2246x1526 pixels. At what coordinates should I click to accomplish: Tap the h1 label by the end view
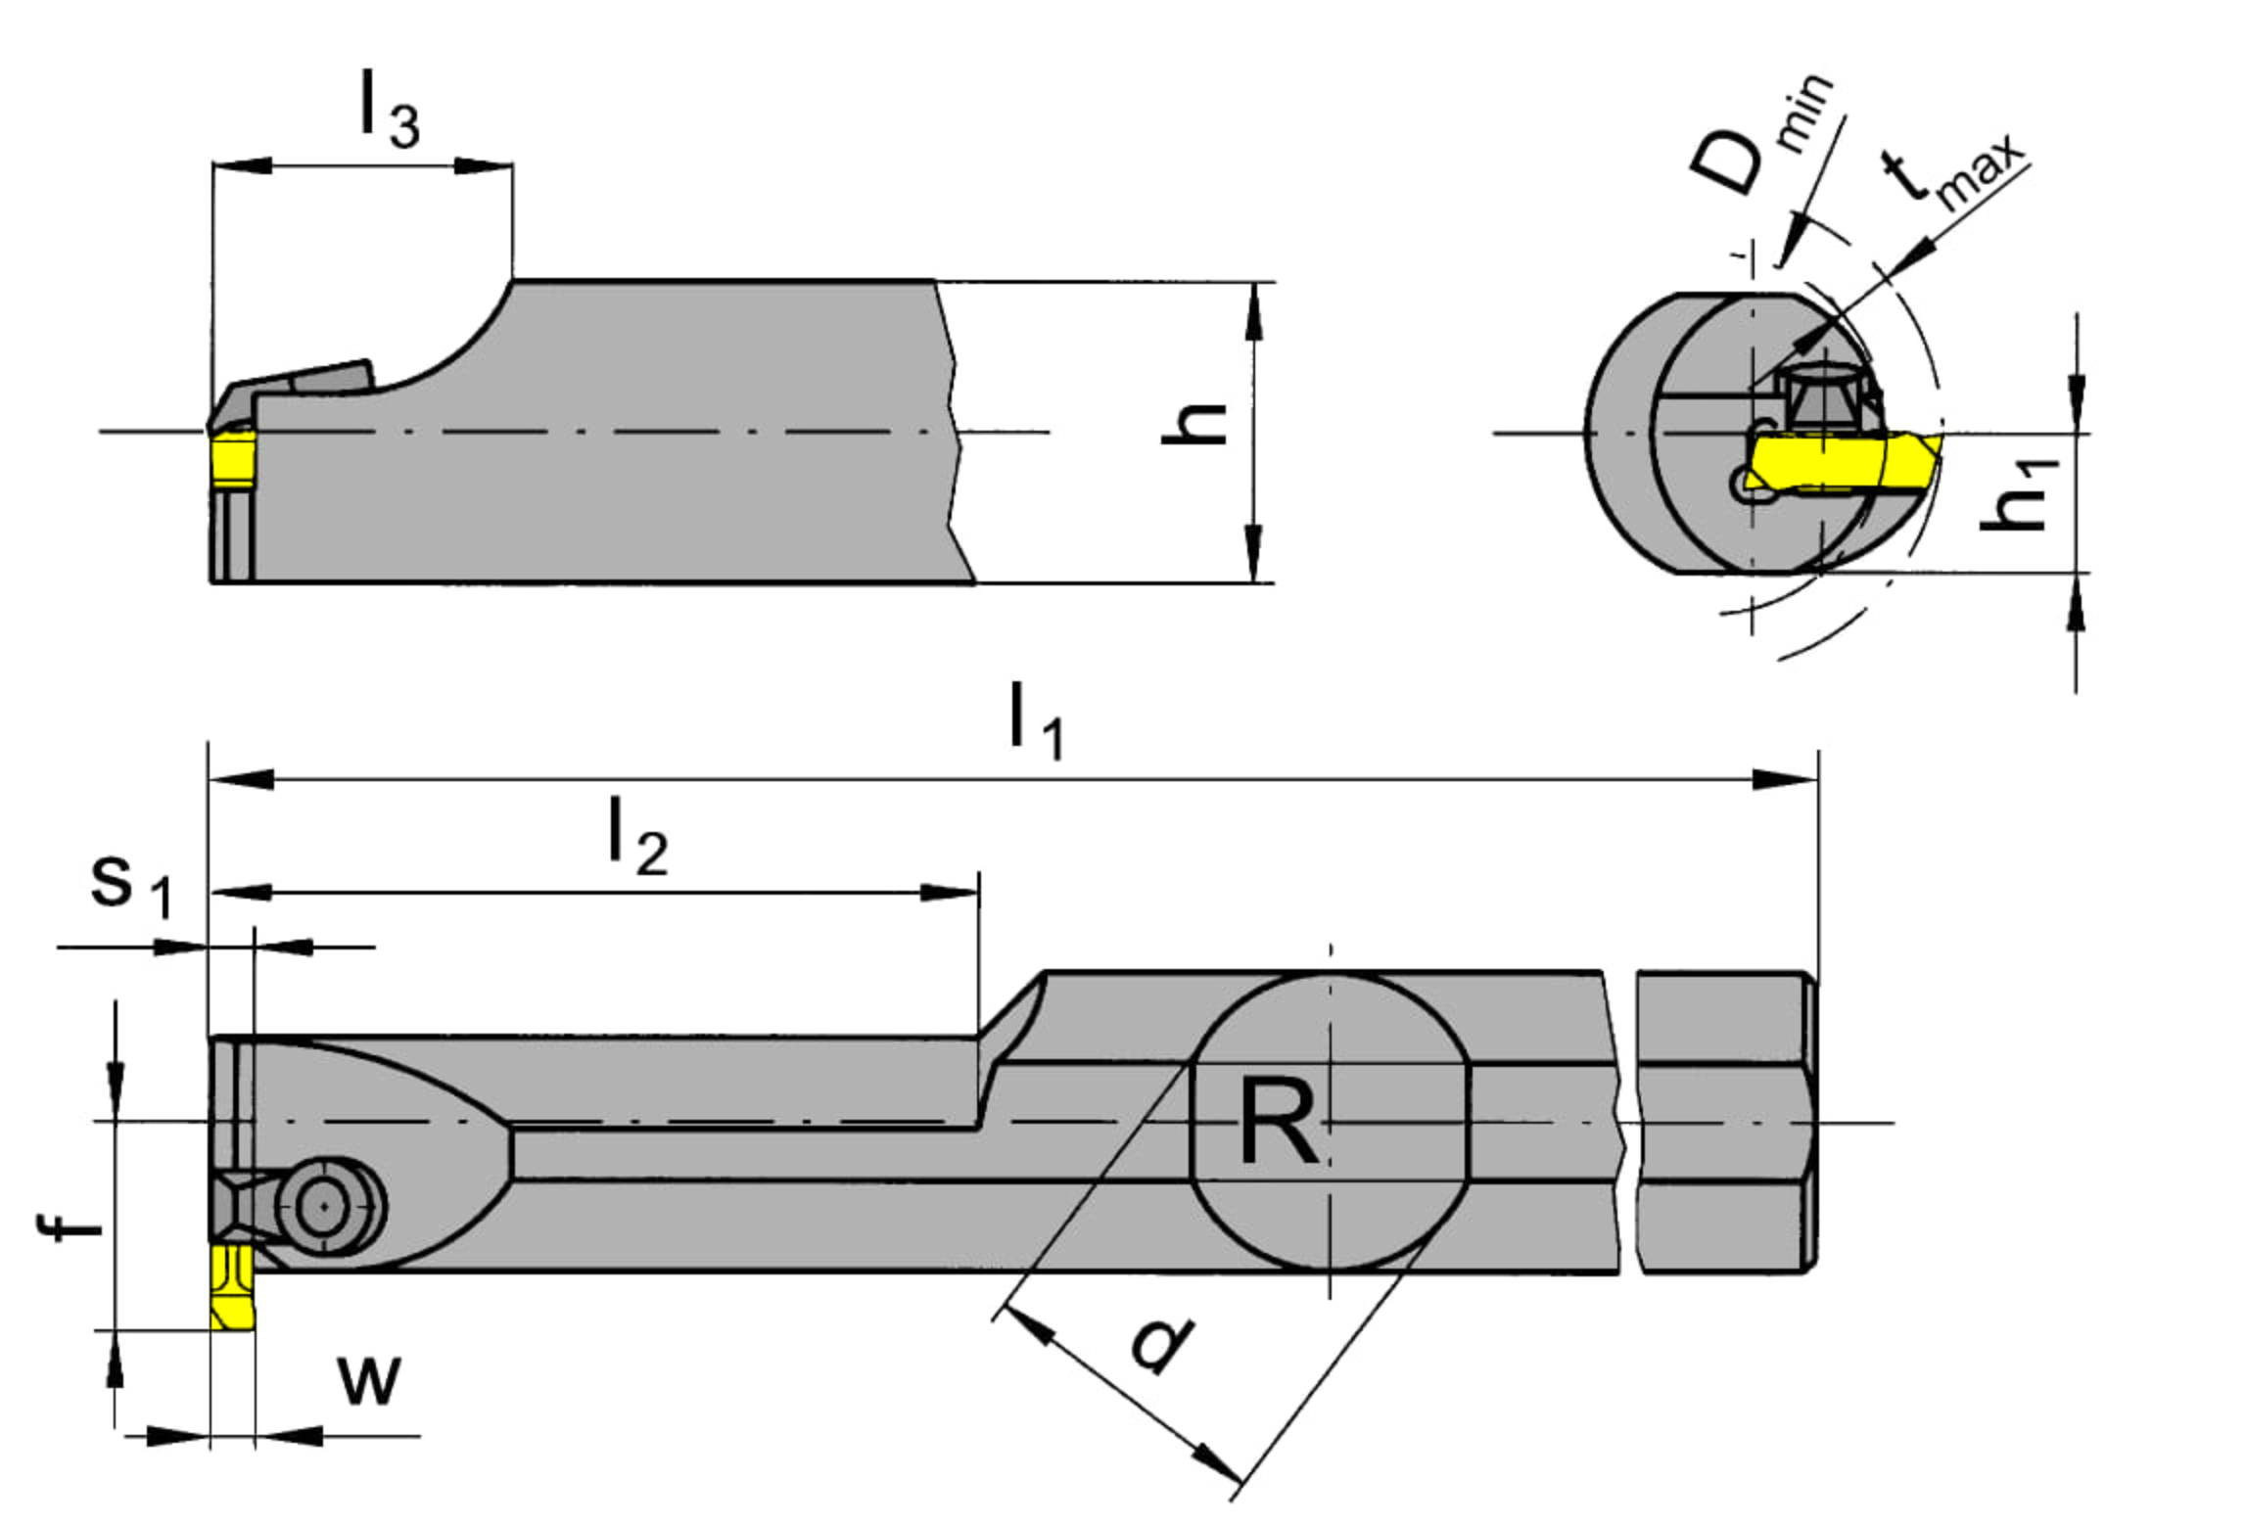click(2016, 495)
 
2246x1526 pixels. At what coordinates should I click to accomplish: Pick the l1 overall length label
click(1035, 721)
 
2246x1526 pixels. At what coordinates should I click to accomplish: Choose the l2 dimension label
click(637, 837)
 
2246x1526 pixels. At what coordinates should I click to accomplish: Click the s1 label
click(131, 888)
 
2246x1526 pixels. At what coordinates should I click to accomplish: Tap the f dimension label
click(69, 1227)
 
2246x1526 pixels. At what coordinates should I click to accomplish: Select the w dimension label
click(369, 1381)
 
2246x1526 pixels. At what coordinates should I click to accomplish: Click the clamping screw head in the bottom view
click(328, 1207)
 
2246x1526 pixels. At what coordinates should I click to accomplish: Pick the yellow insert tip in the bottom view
click(233, 1287)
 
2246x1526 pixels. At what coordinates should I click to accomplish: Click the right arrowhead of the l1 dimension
click(1786, 780)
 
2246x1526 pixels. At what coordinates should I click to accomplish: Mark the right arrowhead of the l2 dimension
click(949, 893)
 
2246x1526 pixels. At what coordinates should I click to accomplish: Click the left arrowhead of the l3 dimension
click(242, 164)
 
